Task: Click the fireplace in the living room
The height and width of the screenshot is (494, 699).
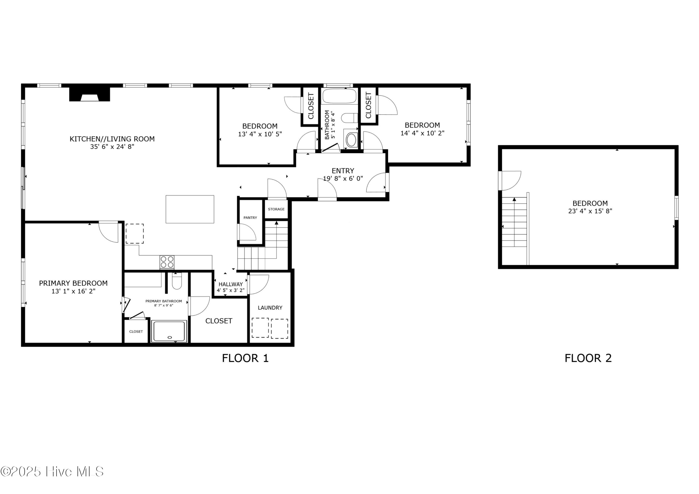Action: [89, 94]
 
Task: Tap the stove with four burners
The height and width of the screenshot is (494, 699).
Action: [167, 262]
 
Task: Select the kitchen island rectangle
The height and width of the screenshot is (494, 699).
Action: [190, 209]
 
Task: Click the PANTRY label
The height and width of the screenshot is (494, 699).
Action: [250, 218]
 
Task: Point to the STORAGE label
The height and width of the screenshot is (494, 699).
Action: [276, 209]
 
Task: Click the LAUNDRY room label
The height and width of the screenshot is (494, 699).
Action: [270, 308]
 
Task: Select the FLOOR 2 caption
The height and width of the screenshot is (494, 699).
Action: [588, 358]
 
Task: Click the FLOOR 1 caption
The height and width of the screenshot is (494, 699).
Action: [245, 358]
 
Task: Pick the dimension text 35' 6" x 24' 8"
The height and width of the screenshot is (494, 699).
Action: [112, 147]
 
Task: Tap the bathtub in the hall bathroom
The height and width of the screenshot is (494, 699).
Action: [339, 96]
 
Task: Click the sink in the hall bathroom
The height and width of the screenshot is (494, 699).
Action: [352, 140]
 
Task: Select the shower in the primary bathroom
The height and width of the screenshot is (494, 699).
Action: [170, 331]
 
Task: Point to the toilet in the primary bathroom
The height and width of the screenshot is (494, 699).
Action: [177, 281]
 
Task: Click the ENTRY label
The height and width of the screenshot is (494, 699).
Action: [343, 171]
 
